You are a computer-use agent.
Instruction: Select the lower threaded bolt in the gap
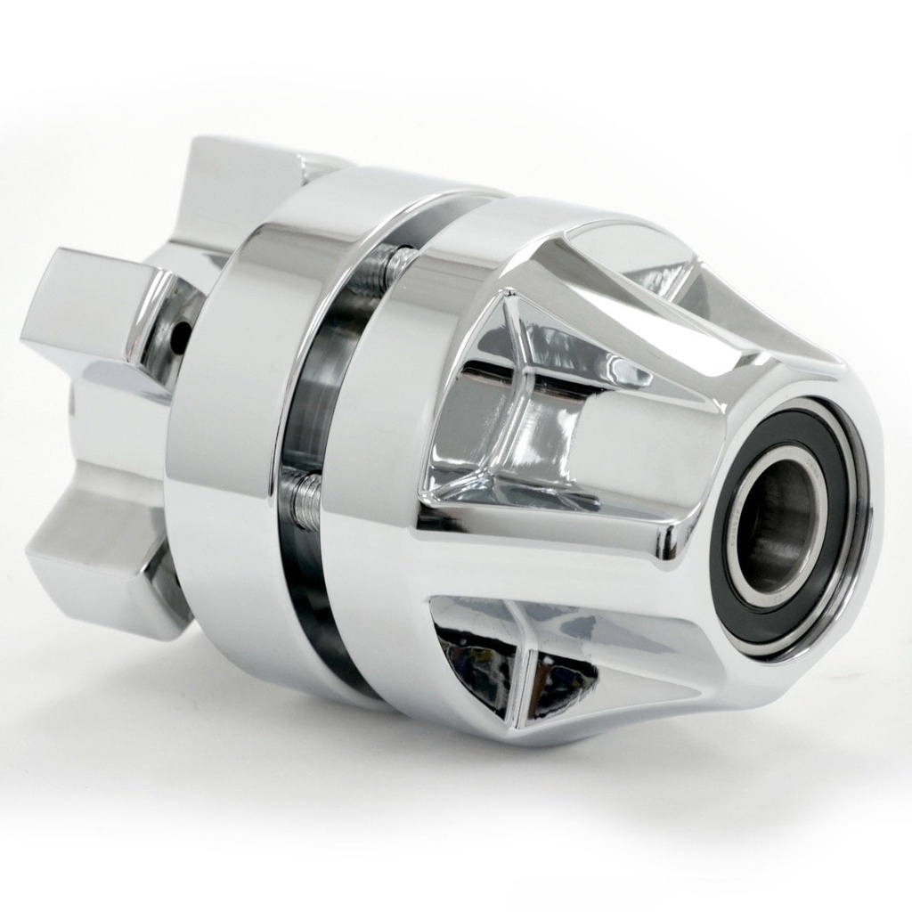(x=306, y=500)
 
